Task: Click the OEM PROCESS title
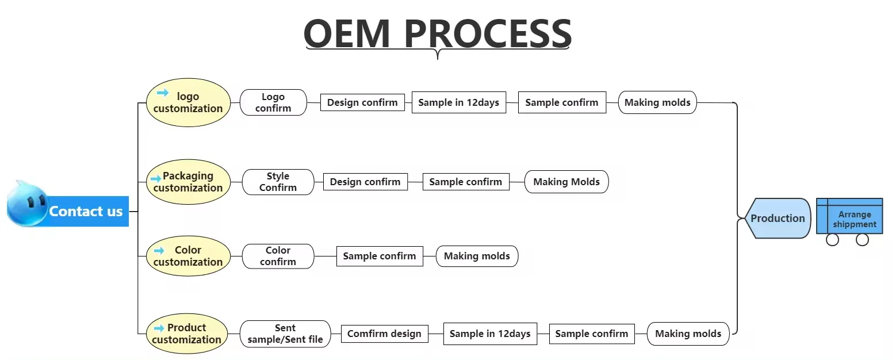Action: point(437,33)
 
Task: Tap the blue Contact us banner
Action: point(87,211)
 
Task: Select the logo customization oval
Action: point(188,102)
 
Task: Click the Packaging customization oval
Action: point(188,182)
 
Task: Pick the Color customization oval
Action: point(188,256)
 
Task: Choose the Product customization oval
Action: point(187,334)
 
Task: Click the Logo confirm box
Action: point(273,102)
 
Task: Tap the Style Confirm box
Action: point(278,182)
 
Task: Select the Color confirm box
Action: point(278,256)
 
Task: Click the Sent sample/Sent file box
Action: point(285,334)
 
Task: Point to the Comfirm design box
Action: point(384,334)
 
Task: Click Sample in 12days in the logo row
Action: point(459,102)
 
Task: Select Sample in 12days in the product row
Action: point(490,334)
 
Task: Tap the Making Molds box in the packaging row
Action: point(566,182)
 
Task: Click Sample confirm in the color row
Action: point(380,256)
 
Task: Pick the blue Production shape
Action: point(778,218)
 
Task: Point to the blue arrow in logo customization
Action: point(163,93)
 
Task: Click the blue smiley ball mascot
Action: point(27,205)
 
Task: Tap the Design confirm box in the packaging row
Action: point(365,182)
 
